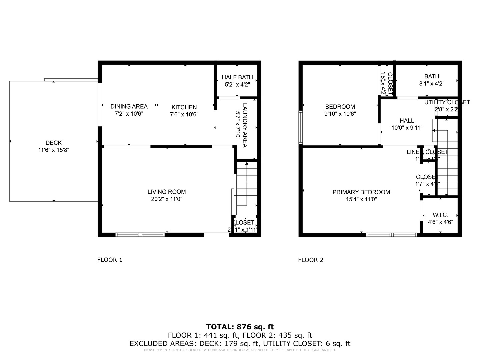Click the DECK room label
(54, 143)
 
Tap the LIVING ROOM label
(167, 192)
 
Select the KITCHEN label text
(184, 107)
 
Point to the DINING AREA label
(129, 107)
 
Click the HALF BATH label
(237, 77)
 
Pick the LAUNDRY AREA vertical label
(245, 125)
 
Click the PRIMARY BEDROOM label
(361, 192)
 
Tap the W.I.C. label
(440, 215)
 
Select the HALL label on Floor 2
(407, 121)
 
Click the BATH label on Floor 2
(432, 76)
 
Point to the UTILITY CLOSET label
(447, 102)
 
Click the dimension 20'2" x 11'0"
(167, 199)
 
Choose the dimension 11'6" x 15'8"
(54, 150)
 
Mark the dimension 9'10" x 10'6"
(340, 114)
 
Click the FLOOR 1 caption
(110, 260)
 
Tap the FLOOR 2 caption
(311, 260)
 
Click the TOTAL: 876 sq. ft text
(240, 327)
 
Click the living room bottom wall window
(140, 235)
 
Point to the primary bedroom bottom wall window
(392, 235)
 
